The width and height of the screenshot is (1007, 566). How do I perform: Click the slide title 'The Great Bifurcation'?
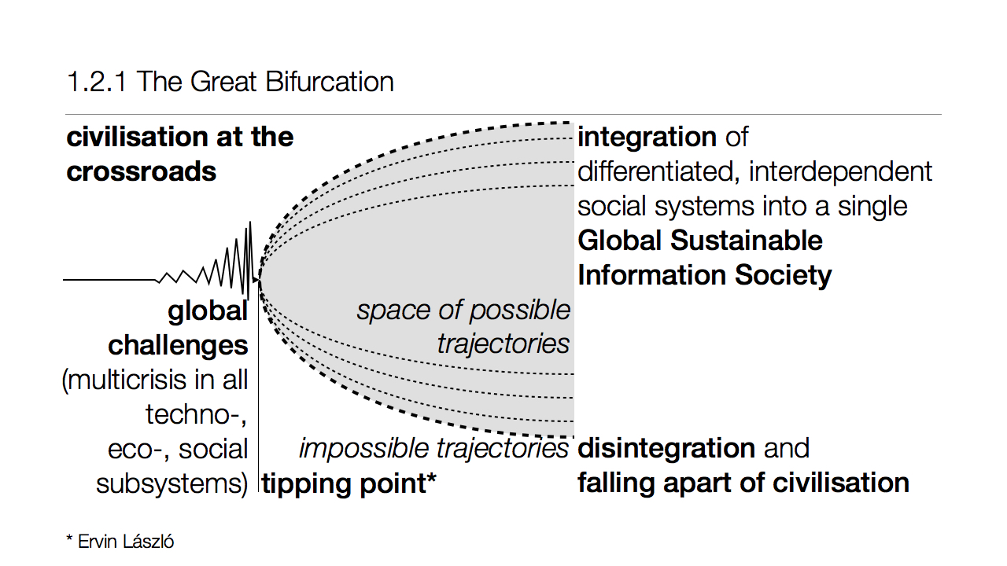(x=264, y=82)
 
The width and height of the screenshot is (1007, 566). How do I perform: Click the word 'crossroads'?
(x=141, y=171)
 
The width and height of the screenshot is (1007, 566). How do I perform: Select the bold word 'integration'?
(x=647, y=138)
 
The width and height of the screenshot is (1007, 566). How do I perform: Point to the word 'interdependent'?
(x=840, y=171)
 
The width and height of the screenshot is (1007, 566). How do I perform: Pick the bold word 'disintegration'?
(x=666, y=448)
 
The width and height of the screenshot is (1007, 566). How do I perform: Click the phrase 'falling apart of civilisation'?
(x=743, y=483)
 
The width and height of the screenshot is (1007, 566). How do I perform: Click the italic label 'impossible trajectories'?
(x=433, y=448)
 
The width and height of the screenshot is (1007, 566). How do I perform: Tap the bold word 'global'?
(x=208, y=311)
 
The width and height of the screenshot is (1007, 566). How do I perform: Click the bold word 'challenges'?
(x=178, y=345)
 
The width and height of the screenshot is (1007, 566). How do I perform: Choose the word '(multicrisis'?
(x=132, y=380)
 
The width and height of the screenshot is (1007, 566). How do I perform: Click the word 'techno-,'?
(x=197, y=414)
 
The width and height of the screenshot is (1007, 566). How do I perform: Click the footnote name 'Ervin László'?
(x=126, y=542)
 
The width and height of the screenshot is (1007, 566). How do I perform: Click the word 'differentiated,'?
(x=659, y=171)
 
